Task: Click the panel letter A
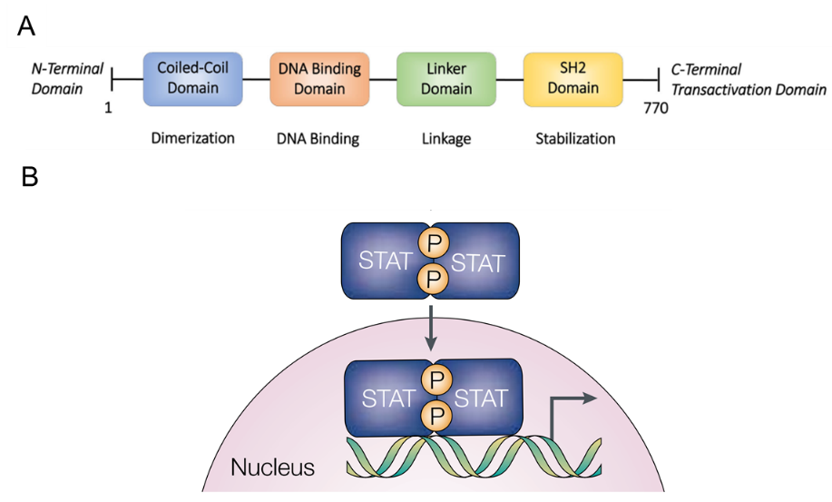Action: tap(26, 27)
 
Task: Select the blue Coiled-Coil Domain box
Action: tap(192, 78)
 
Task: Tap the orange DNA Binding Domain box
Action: tap(319, 78)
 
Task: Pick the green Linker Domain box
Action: tap(446, 78)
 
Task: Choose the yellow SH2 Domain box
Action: tap(573, 78)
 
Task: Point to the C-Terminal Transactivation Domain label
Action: tap(748, 79)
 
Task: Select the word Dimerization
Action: tap(191, 138)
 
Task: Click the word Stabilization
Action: tap(574, 138)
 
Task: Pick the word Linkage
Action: tap(446, 138)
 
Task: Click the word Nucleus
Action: tap(272, 468)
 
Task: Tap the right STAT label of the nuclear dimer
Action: tap(481, 398)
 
